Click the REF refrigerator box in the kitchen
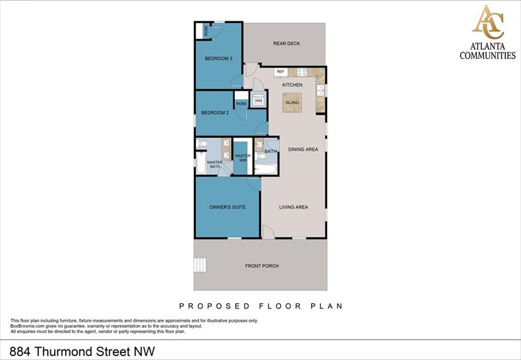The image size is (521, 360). pos(280,71)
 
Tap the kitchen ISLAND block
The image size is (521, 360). pos(292,102)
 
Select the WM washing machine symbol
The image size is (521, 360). pos(258,100)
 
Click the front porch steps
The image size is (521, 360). pos(199,265)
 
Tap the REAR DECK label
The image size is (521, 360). pos(286,43)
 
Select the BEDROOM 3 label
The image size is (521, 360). pos(218,58)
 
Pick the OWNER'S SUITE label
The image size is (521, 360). pos(227,207)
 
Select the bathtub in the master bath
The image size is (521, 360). pos(200,164)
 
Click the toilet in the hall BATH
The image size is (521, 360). pos(261,156)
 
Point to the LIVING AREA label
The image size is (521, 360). pos(293,207)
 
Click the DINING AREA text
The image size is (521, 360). pos(303,149)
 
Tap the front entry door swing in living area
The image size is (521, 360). pos(267,232)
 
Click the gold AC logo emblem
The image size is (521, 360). pos(487,22)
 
